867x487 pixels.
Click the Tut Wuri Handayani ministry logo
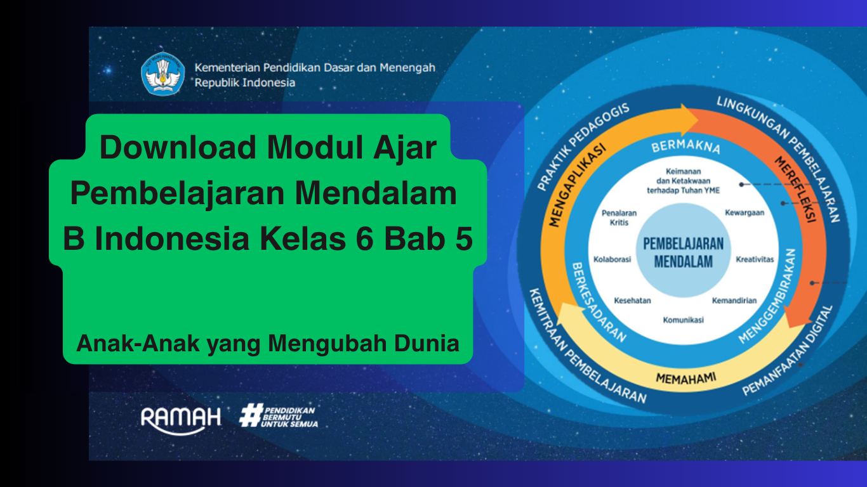click(x=163, y=74)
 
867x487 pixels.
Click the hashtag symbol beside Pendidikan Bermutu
click(x=251, y=415)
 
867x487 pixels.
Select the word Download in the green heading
click(x=178, y=147)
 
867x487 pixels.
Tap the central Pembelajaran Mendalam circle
click(x=683, y=250)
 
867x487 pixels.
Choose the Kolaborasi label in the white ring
click(x=612, y=259)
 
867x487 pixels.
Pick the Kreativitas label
click(x=755, y=259)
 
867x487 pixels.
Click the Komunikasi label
click(x=683, y=320)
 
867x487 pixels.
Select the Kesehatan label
click(x=632, y=301)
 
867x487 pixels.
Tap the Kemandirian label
click(x=734, y=301)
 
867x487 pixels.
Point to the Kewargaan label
click(x=745, y=213)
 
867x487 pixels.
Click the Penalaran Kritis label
click(x=619, y=218)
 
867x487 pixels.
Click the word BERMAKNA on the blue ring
click(x=685, y=146)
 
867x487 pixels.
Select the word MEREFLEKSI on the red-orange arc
click(x=795, y=189)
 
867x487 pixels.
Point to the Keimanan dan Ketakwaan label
click(x=683, y=181)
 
